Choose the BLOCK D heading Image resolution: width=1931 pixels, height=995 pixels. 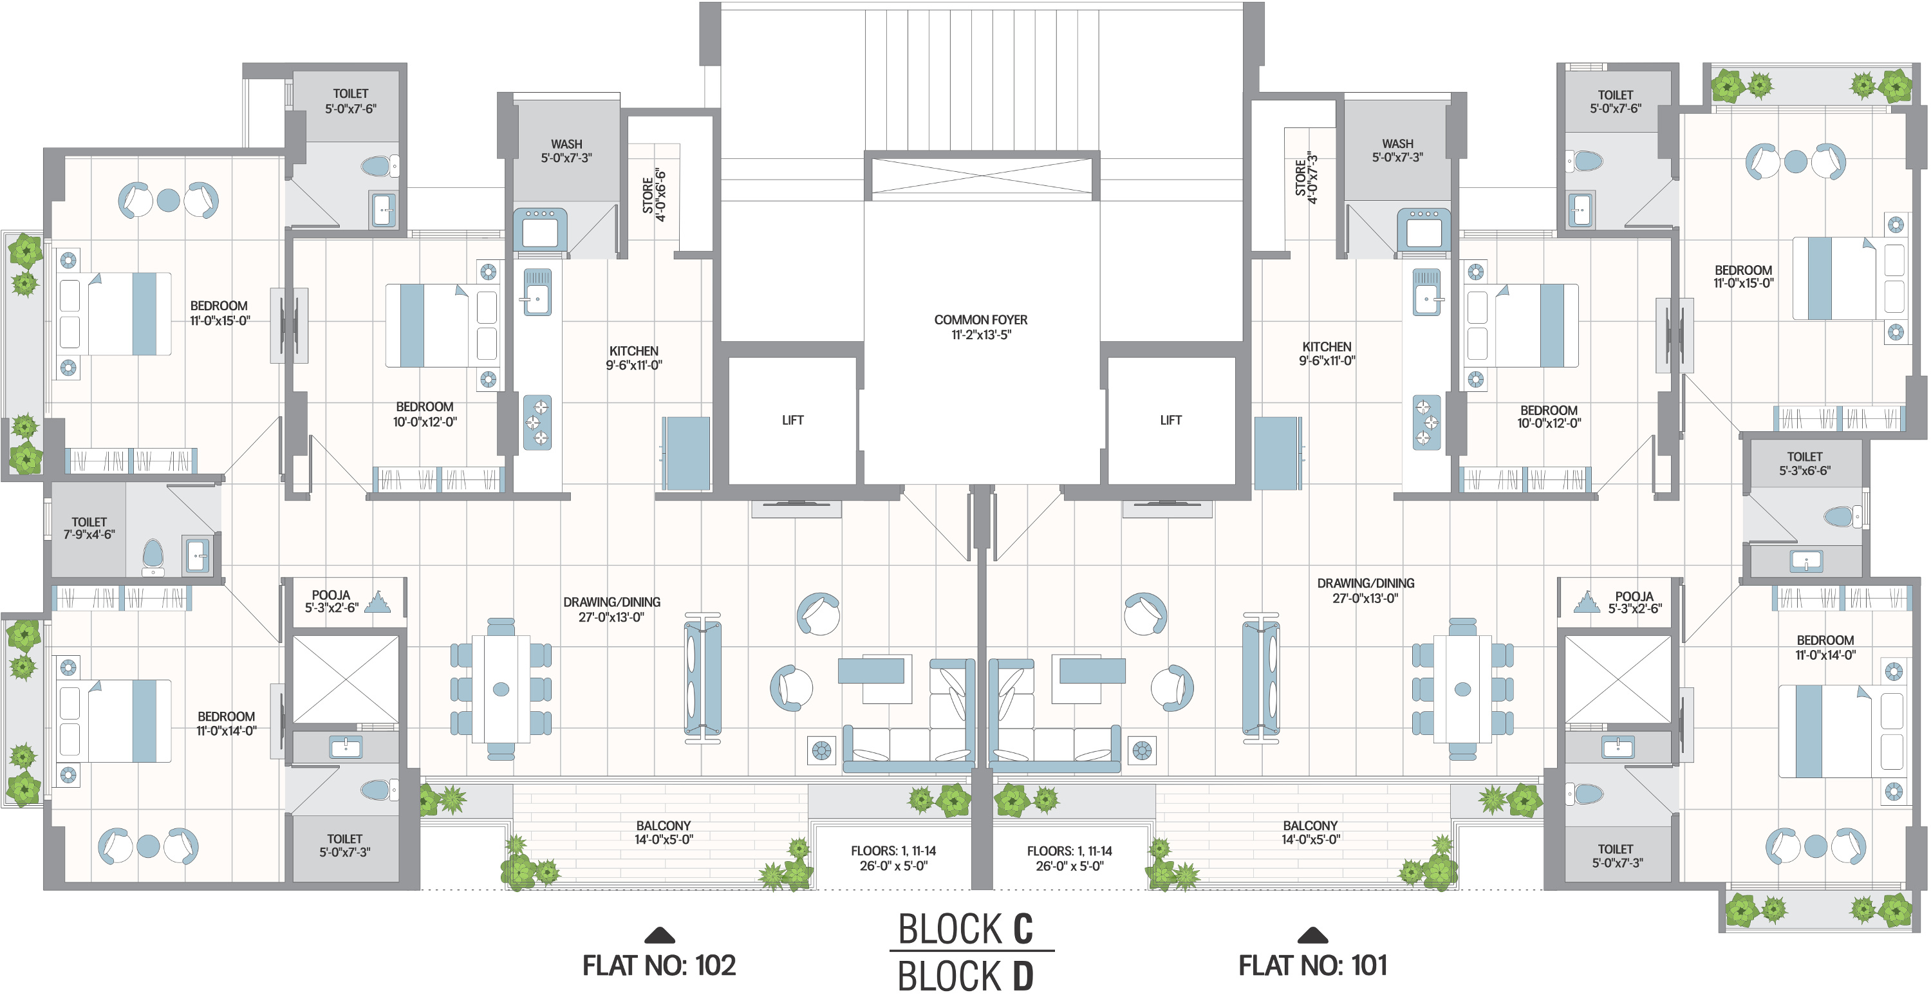point(966,976)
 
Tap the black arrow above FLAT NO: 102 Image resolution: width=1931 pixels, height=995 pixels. point(660,935)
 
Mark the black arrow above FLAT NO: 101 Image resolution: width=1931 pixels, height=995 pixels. point(1312,935)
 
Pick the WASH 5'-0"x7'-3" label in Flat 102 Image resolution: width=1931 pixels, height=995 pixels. point(566,151)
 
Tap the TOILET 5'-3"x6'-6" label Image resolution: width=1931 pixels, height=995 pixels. point(1804,463)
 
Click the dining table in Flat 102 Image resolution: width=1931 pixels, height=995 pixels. point(501,689)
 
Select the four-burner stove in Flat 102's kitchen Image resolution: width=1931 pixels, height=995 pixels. point(537,422)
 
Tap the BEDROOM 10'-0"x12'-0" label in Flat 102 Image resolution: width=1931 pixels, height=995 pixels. point(424,414)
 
